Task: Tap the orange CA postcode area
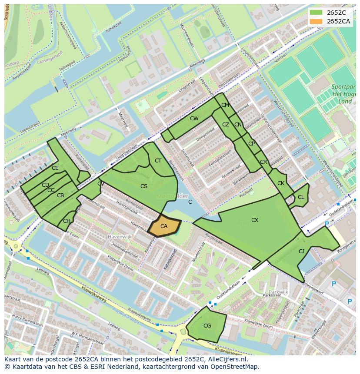pyautogui.click(x=164, y=226)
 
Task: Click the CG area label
pyautogui.click(x=207, y=325)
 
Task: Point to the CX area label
pyautogui.click(x=255, y=220)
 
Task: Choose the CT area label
pyautogui.click(x=158, y=161)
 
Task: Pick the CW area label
pyautogui.click(x=194, y=119)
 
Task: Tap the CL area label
pyautogui.click(x=301, y=197)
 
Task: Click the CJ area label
pyautogui.click(x=301, y=251)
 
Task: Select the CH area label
pyautogui.click(x=67, y=221)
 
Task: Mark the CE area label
pyautogui.click(x=55, y=168)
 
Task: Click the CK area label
pyautogui.click(x=281, y=183)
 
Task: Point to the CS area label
pyautogui.click(x=144, y=186)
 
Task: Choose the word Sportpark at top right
pyautogui.click(x=343, y=87)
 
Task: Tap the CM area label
pyautogui.click(x=225, y=105)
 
